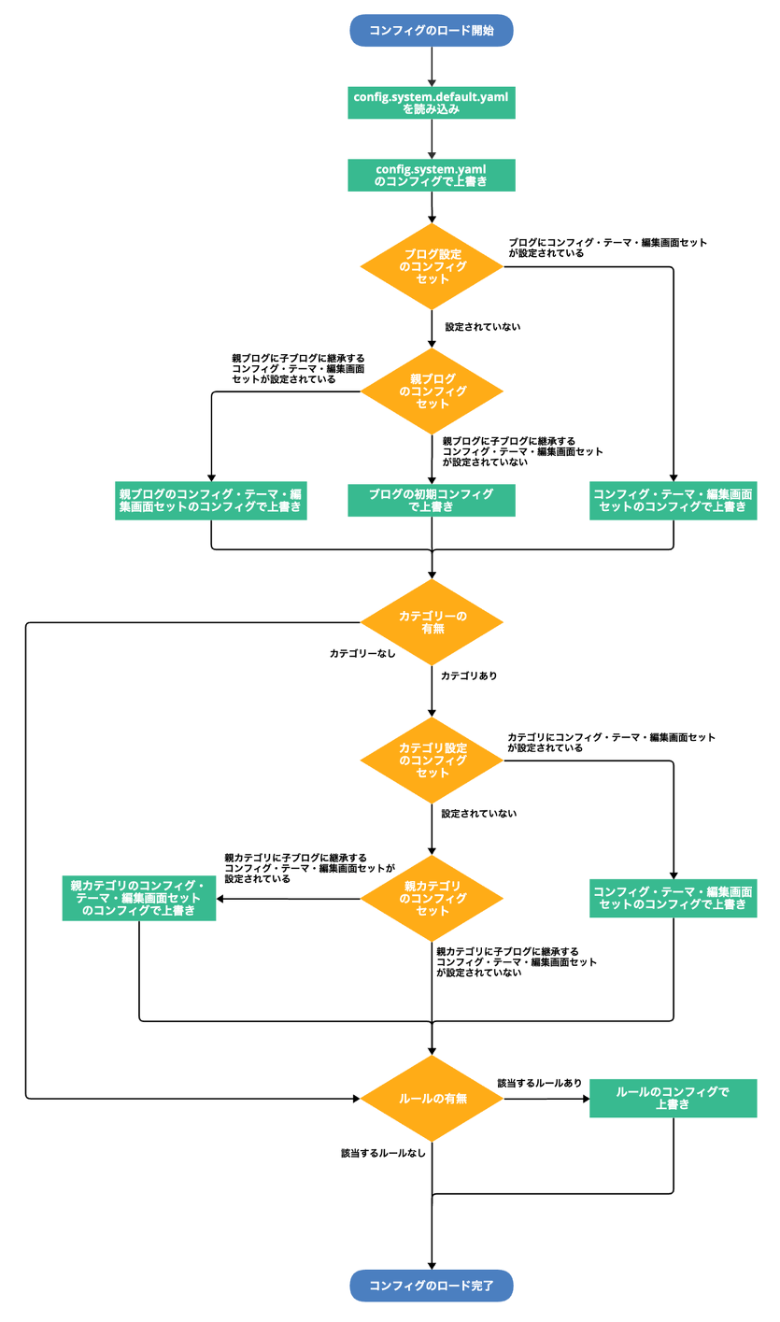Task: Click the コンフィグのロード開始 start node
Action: pyautogui.click(x=432, y=30)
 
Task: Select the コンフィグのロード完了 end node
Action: pyautogui.click(x=432, y=1286)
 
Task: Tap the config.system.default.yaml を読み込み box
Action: pyautogui.click(x=432, y=103)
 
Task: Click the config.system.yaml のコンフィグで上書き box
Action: pyautogui.click(x=432, y=175)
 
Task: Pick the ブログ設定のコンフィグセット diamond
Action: pyautogui.click(x=432, y=266)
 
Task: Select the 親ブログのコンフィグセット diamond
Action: pyautogui.click(x=432, y=391)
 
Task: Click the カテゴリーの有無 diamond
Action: pyautogui.click(x=432, y=622)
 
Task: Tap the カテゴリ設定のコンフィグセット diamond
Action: pyautogui.click(x=432, y=761)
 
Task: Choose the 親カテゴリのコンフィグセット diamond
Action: pyautogui.click(x=432, y=898)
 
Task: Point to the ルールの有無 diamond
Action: pyautogui.click(x=432, y=1099)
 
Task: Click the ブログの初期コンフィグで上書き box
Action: pyautogui.click(x=432, y=500)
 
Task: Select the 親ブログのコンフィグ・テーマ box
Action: pyautogui.click(x=211, y=500)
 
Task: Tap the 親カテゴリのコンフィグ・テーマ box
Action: pyautogui.click(x=139, y=898)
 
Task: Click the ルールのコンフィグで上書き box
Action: pyautogui.click(x=673, y=1098)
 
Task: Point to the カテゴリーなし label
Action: pyautogui.click(x=362, y=654)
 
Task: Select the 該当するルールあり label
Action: pyautogui.click(x=540, y=1083)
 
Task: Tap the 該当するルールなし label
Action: pyautogui.click(x=383, y=1153)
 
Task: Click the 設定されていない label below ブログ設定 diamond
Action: pyautogui.click(x=482, y=327)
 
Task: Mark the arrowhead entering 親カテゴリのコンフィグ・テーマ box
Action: pyautogui.click(x=221, y=899)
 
